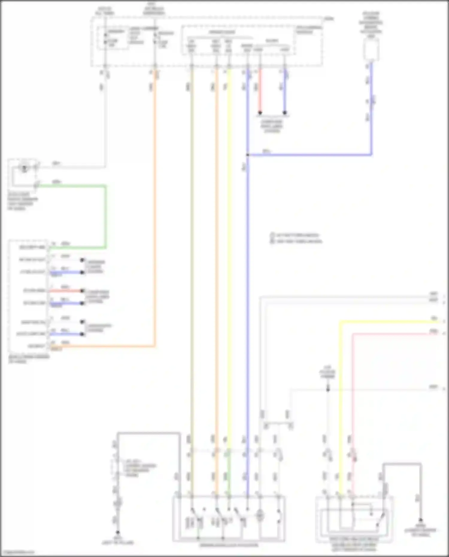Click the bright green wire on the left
(x=105, y=215)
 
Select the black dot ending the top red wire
(x=260, y=113)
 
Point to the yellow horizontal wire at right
(x=389, y=322)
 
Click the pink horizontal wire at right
(x=395, y=333)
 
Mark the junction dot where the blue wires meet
(x=248, y=155)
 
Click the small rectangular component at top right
(x=371, y=49)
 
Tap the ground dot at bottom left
(x=118, y=532)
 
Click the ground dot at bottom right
(x=420, y=520)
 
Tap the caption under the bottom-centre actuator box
(x=229, y=545)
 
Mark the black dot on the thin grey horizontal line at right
(x=328, y=389)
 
